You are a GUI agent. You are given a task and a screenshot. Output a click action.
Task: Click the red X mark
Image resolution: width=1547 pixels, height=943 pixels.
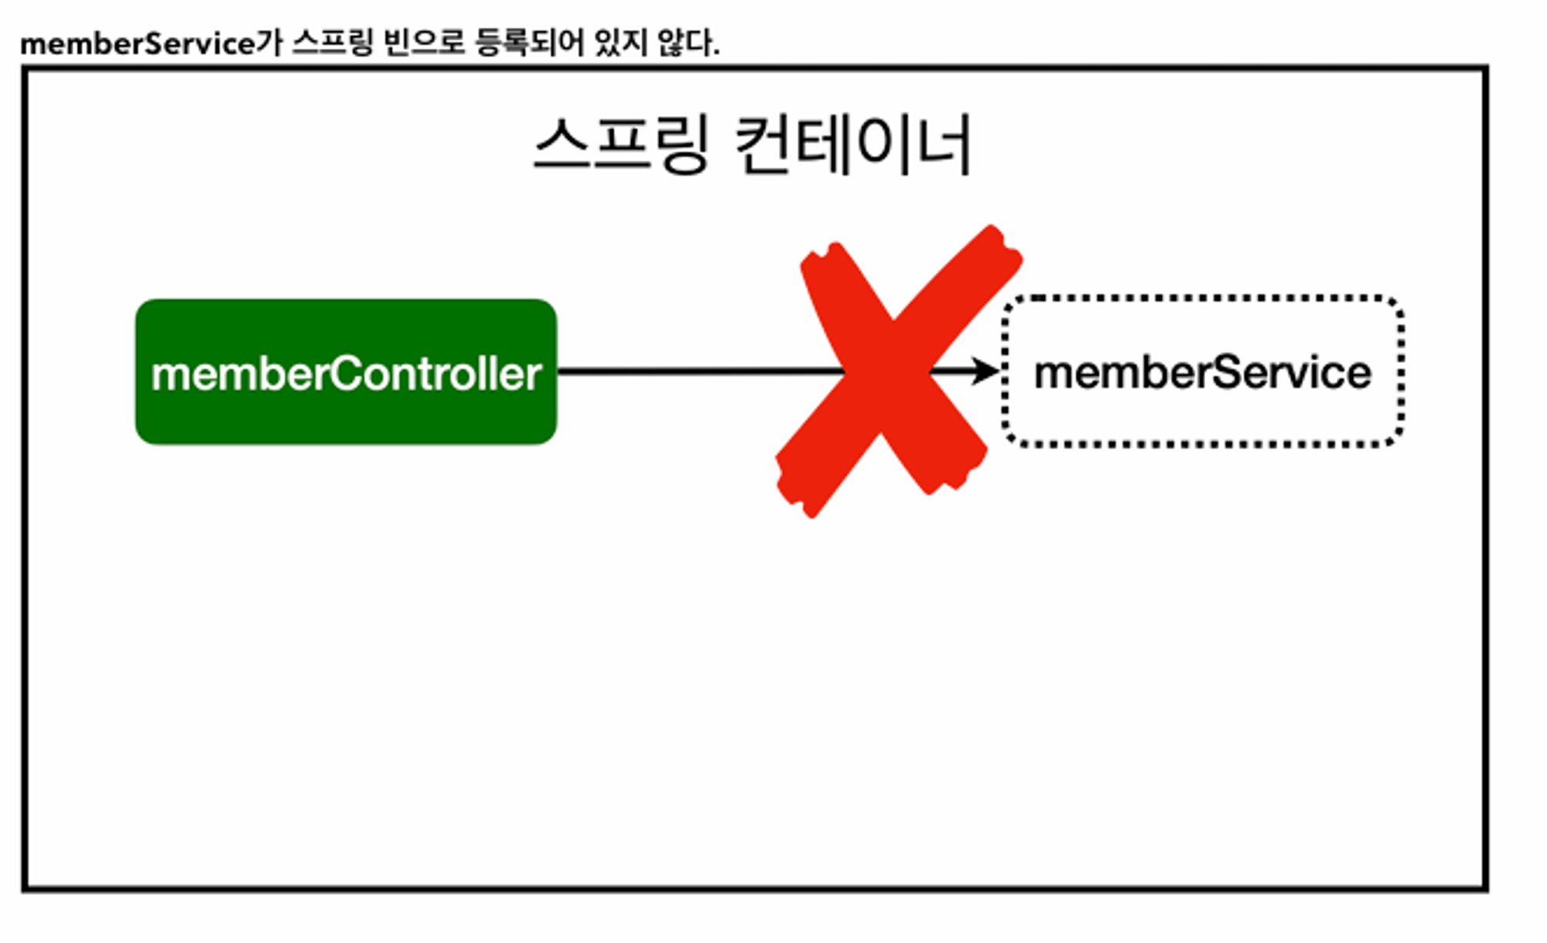point(890,371)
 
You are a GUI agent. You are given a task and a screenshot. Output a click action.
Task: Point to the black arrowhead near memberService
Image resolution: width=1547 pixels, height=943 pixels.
point(986,371)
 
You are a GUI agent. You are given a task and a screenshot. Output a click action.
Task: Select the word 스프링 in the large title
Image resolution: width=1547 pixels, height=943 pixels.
point(621,145)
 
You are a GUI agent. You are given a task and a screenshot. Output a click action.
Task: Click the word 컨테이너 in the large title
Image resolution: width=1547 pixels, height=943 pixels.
point(852,145)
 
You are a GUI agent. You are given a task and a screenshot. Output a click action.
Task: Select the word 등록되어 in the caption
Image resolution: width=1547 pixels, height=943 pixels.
point(529,43)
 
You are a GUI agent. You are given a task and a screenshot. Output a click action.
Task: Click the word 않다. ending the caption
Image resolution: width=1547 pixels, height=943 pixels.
point(688,43)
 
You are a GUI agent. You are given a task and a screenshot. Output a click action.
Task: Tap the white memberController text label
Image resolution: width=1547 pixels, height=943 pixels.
point(346,374)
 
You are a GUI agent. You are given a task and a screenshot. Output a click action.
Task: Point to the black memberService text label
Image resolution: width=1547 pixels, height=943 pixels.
point(1203,373)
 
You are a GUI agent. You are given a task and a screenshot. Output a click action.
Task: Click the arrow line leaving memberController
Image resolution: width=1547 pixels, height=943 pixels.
point(696,372)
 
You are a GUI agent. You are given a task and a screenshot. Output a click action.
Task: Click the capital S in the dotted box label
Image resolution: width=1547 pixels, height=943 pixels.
point(1225,373)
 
